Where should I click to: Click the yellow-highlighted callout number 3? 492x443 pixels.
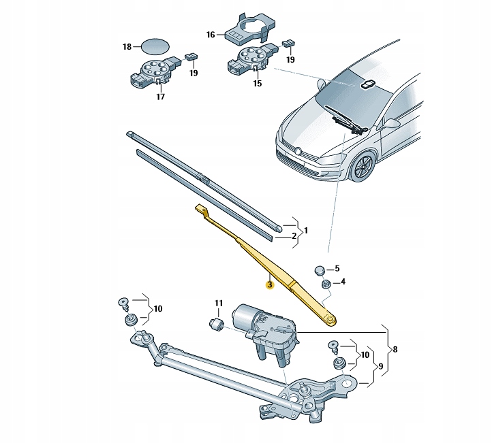pos(270,284)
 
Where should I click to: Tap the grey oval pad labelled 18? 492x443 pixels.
pos(155,47)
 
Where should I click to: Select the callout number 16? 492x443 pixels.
pos(211,35)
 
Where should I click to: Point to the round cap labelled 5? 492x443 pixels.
pos(320,270)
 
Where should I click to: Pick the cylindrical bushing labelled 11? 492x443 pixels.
pos(216,324)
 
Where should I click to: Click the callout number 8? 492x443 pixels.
pos(395,349)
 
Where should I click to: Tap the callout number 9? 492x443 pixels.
pos(381,366)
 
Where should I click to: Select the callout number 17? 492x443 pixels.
pos(160,97)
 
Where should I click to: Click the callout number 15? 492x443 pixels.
pos(258,84)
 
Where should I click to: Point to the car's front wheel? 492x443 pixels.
pos(364,166)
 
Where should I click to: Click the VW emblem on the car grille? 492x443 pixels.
pos(298,151)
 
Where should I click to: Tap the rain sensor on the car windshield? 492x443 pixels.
pos(367,84)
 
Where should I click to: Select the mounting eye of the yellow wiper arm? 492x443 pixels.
pos(330,319)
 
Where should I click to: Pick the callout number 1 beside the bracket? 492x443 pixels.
pos(306,231)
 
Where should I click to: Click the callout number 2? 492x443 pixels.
pos(294,236)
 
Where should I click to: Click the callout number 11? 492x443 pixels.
pos(219,303)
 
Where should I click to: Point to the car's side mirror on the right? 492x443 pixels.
pos(391,123)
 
